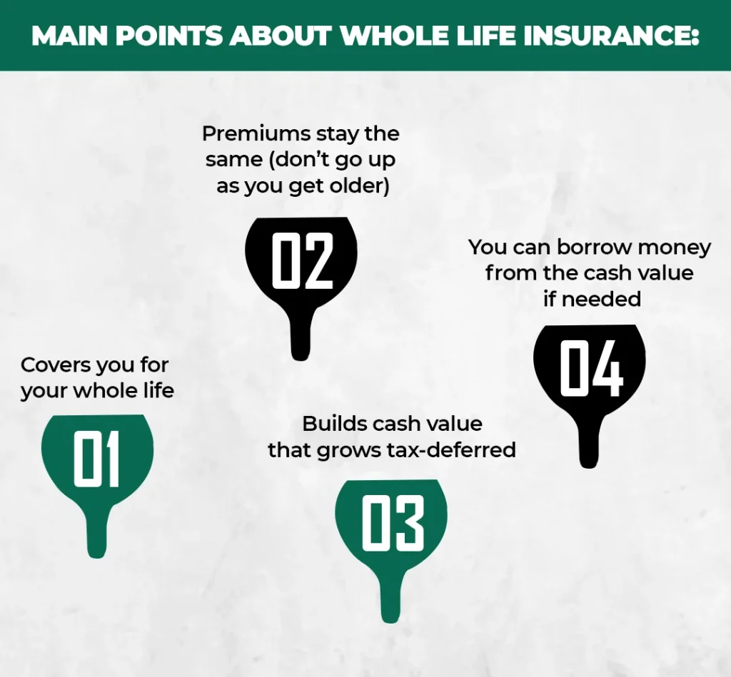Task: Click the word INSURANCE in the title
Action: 611,36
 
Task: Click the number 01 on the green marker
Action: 97,459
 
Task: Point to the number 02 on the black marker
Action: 302,260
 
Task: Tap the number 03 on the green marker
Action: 393,523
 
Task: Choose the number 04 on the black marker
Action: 590,368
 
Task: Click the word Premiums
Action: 256,133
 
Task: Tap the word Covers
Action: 56,365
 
